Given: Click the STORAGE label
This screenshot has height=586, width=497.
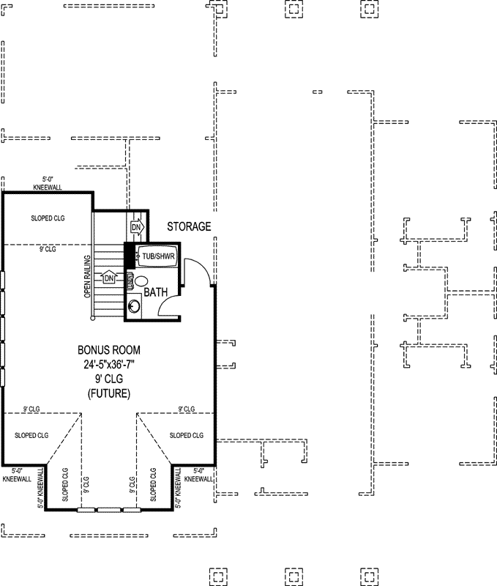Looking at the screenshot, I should point(188,226).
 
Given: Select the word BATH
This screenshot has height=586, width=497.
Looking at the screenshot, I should point(156,292).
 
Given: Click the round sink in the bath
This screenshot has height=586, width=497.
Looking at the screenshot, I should point(134,306).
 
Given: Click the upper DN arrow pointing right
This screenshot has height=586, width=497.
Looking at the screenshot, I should point(136,228).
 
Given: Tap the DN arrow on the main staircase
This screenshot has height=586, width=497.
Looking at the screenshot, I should point(109,278).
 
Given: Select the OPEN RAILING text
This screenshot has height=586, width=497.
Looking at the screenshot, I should point(87,276).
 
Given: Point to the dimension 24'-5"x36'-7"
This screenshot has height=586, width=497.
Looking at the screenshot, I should point(109,363).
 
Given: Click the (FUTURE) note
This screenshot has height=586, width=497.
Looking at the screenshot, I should point(109,393).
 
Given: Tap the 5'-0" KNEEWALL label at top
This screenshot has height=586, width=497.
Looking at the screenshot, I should point(47,183).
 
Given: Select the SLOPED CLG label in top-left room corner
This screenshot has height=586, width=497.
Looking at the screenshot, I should point(48,218).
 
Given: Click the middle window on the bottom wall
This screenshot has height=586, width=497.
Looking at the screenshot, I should point(109,510).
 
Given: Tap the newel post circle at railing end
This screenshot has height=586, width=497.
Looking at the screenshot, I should point(92,319).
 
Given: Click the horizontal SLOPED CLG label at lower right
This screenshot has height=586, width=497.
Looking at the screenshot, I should point(186,435).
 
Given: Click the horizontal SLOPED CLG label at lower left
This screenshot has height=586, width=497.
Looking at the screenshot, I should point(31,435).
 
